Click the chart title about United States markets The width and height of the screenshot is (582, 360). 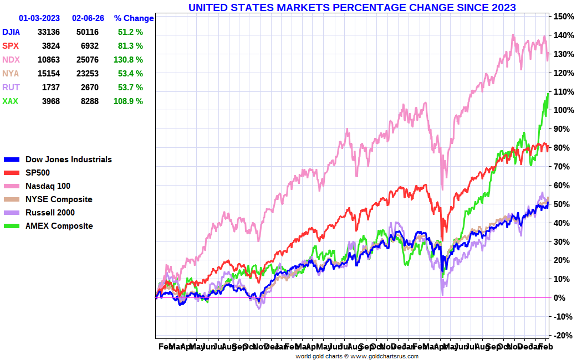[x=352, y=8]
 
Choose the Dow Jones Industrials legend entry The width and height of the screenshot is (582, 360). [x=69, y=160]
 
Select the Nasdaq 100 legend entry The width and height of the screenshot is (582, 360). [x=48, y=186]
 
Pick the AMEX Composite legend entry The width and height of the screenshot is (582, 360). [x=59, y=226]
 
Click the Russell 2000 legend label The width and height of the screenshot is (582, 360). [x=50, y=213]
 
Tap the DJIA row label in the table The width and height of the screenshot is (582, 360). [x=12, y=32]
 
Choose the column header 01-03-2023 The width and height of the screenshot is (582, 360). [x=40, y=18]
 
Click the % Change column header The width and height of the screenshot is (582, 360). [x=134, y=18]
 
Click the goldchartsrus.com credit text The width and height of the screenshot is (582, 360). [x=356, y=356]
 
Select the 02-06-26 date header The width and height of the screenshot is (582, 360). [x=88, y=18]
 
